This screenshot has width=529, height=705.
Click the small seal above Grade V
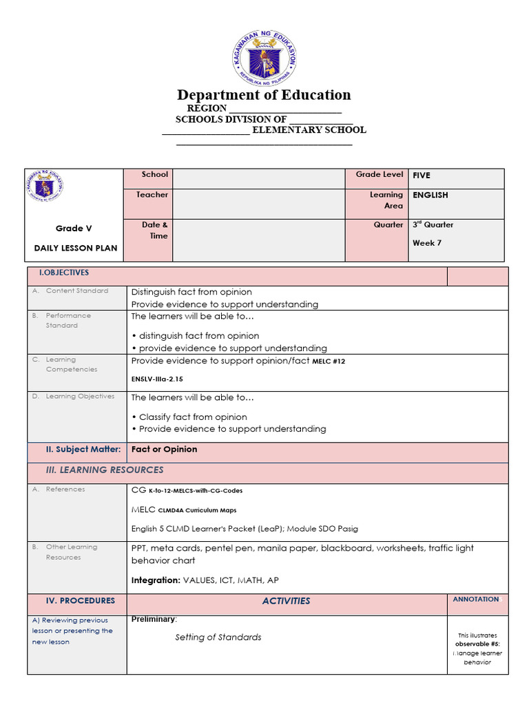point(48,188)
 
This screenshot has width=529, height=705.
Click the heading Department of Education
point(264,95)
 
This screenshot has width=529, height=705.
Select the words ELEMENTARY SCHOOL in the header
point(309,130)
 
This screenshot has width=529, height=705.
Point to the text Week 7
point(427,243)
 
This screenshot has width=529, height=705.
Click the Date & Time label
point(156,230)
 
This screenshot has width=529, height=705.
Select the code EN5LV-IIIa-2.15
point(157,379)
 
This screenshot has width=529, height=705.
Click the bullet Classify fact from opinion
point(192,417)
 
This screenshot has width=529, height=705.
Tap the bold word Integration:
point(156,580)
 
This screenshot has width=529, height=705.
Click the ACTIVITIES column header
point(286,601)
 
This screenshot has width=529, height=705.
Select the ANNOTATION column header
point(476,600)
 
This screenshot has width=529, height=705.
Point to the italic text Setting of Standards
point(218,638)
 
